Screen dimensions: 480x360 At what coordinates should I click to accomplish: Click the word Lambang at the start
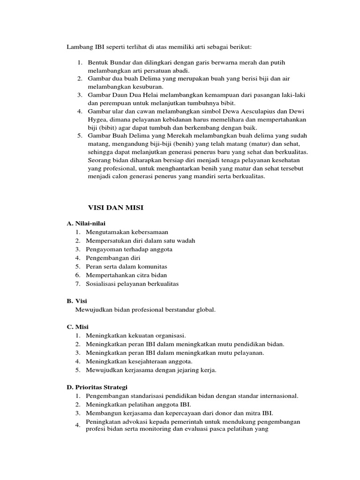click(78, 47)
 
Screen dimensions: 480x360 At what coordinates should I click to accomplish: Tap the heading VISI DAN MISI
click(116, 208)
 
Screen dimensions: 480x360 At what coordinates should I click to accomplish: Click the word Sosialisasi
click(102, 284)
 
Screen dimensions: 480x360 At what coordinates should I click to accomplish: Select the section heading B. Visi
click(78, 301)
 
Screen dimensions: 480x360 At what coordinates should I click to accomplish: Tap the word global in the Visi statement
click(206, 309)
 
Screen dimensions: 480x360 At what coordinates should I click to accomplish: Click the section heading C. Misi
click(78, 327)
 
